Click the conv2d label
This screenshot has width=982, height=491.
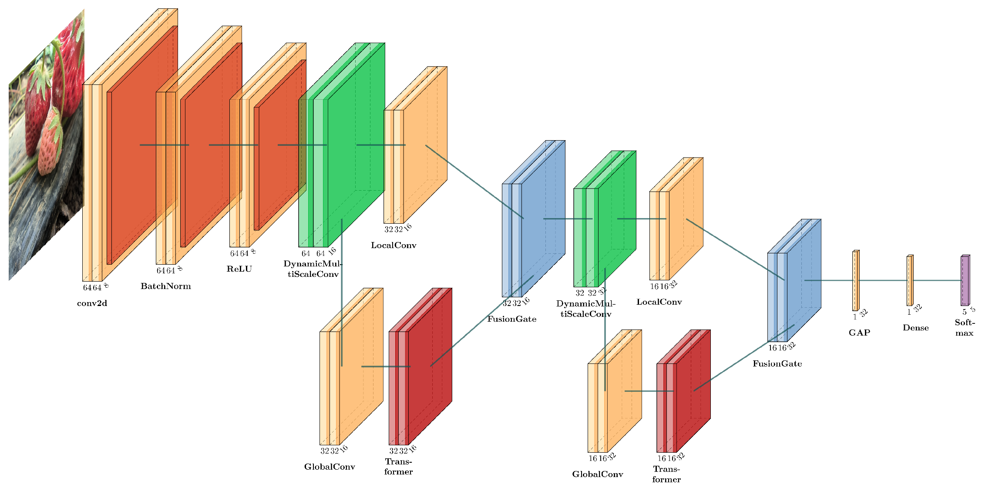click(x=92, y=303)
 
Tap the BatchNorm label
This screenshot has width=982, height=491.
click(x=165, y=286)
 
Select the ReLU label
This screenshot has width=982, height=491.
click(x=239, y=269)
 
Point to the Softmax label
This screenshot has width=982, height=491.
click(x=964, y=327)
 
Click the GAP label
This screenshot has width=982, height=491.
click(x=859, y=333)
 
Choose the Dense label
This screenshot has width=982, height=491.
click(x=915, y=328)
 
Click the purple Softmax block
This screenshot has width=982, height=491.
click(x=965, y=280)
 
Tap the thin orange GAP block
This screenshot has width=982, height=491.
click(x=855, y=281)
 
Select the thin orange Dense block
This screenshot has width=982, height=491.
click(x=909, y=281)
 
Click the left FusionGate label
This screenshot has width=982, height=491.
click(x=511, y=319)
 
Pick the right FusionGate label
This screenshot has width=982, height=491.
click(x=777, y=363)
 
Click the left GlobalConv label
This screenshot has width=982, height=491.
click(x=330, y=467)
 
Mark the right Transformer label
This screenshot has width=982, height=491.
click(x=666, y=474)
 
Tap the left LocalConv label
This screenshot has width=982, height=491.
click(x=393, y=245)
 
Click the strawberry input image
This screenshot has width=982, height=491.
click(x=46, y=144)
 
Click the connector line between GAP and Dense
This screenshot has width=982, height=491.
click(x=883, y=280)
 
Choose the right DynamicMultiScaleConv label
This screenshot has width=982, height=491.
click(x=585, y=309)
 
